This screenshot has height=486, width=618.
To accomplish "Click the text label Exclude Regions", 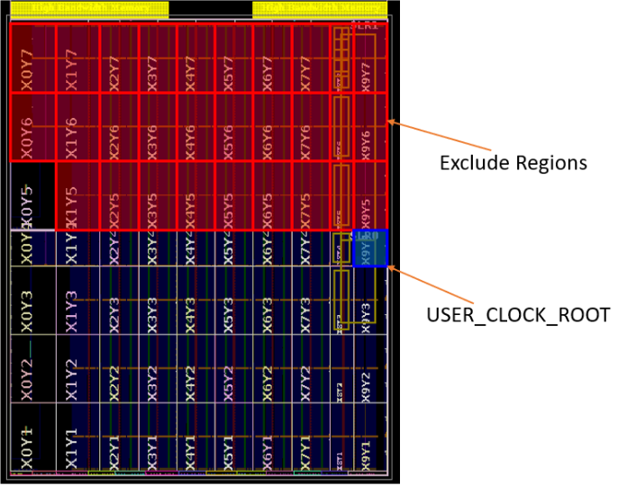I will tap(513, 163).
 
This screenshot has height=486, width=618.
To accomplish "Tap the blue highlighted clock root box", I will tap(370, 248).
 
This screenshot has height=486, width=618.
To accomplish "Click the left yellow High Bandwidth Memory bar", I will tap(88, 10).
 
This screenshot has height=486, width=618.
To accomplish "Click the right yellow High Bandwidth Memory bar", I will tap(320, 10).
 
